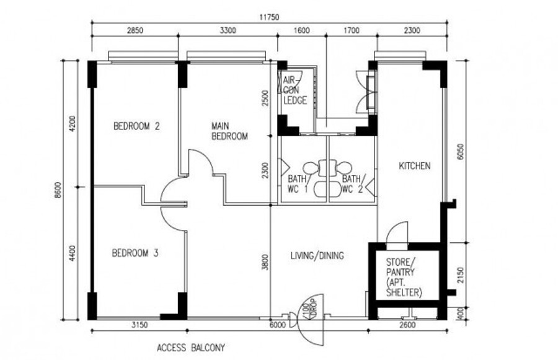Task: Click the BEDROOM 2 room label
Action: pos(136,126)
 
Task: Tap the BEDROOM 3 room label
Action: pos(135,253)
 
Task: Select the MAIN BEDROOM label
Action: pos(229,131)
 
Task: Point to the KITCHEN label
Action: pos(415,166)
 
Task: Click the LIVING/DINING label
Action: pos(317,255)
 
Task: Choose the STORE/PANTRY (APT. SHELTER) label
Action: pos(404,278)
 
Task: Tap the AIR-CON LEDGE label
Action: pos(295,90)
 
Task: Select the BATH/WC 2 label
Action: pos(352,184)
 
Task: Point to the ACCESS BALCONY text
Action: pos(191,348)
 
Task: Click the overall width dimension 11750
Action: pos(270,17)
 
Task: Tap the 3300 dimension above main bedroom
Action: pos(228,30)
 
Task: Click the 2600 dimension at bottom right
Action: pos(407,325)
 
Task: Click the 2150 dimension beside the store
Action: pos(461,275)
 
